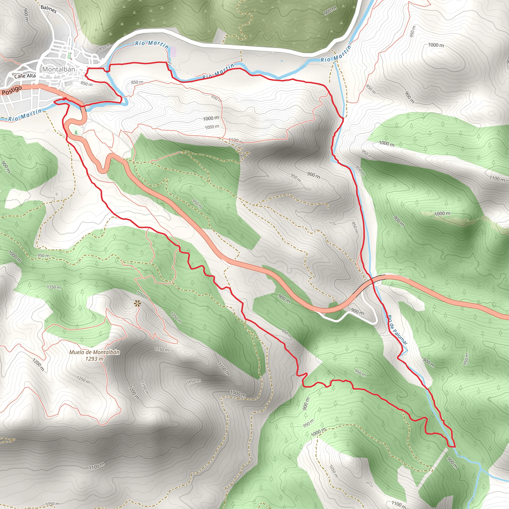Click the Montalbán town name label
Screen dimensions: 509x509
(x=58, y=69)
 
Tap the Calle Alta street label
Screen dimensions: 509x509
(x=25, y=76)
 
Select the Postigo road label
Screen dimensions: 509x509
(x=12, y=90)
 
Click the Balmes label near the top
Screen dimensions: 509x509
(x=48, y=9)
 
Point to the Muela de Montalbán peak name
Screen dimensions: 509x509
(x=94, y=352)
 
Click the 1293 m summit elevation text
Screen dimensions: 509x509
(x=94, y=359)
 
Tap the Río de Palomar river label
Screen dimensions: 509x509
(x=398, y=330)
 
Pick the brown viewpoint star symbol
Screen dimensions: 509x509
(x=137, y=304)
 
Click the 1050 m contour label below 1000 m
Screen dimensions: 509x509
(x=212, y=127)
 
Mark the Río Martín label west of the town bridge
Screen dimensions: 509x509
(x=25, y=115)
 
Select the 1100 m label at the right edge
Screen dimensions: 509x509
(x=497, y=179)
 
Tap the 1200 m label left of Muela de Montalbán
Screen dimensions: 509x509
(x=39, y=364)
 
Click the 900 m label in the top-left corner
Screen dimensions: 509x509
(x=26, y=15)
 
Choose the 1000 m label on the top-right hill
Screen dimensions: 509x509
(x=436, y=45)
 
